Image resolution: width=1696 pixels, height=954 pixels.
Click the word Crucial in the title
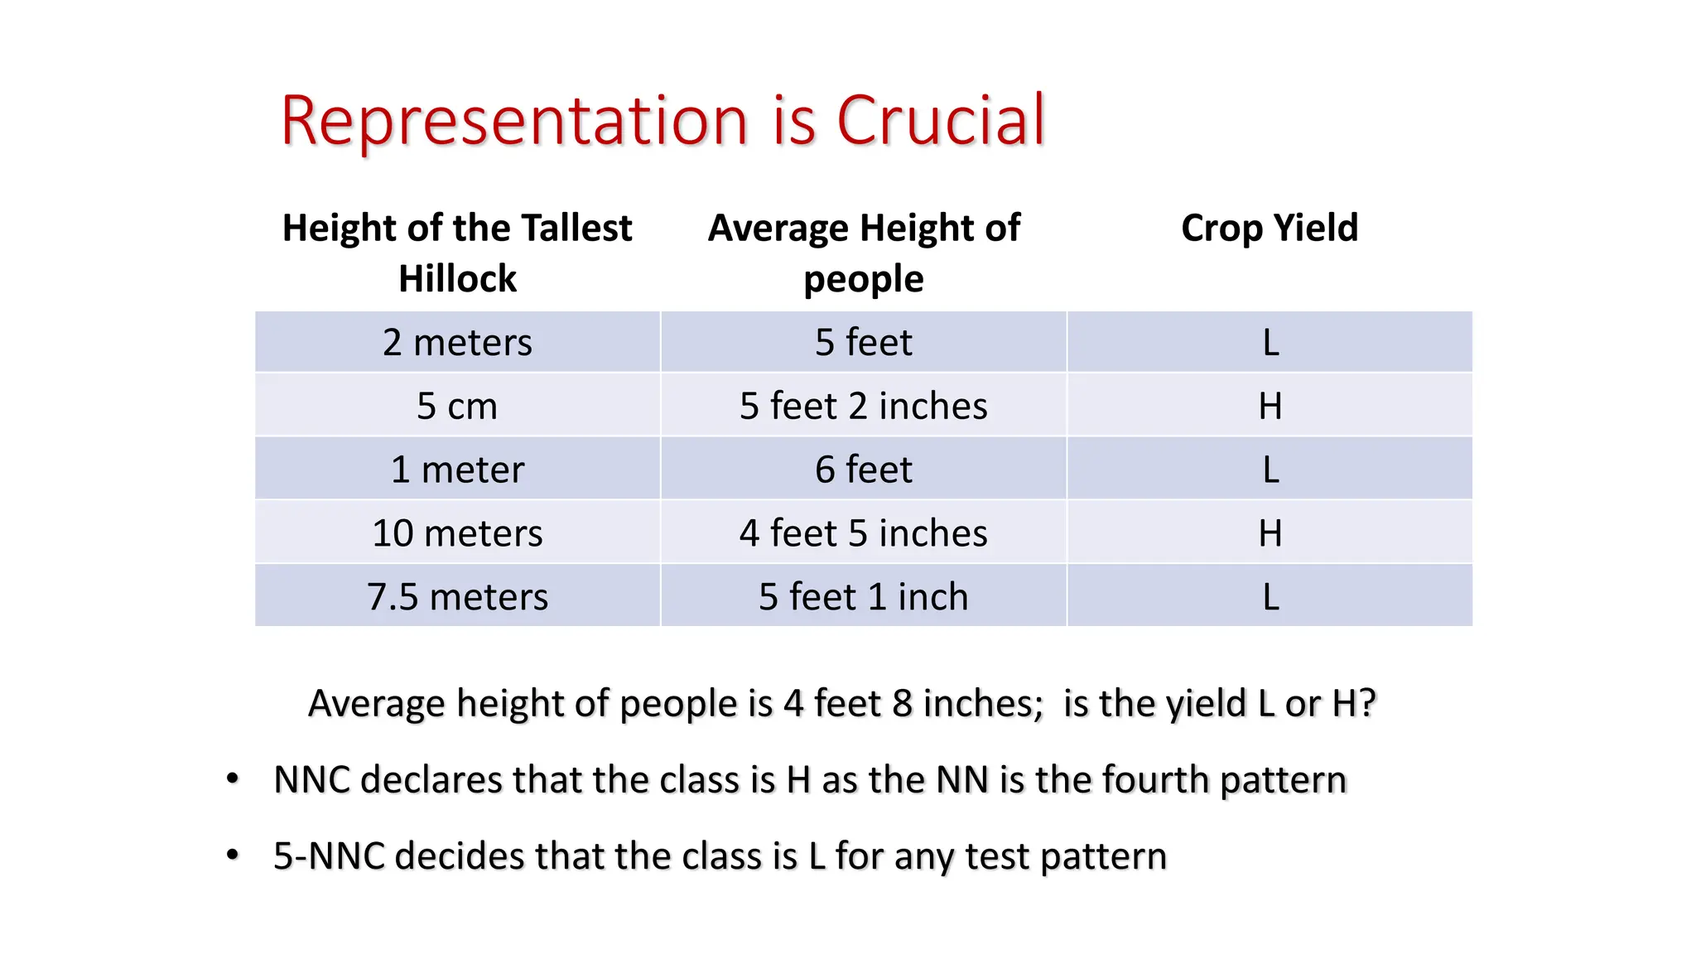point(941,121)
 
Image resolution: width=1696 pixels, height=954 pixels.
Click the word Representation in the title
point(514,121)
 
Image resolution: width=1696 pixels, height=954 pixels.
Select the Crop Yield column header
point(1270,228)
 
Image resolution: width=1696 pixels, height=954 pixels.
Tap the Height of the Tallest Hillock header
point(457,253)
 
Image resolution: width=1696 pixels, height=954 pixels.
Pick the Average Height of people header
point(864,253)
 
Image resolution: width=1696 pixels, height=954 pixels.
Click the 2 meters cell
point(457,342)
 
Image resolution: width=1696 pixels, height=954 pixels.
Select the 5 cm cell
point(457,406)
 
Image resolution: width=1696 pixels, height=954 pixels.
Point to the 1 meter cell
point(457,470)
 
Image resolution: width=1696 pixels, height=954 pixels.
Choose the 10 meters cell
point(457,532)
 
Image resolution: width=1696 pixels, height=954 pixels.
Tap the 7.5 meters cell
point(457,596)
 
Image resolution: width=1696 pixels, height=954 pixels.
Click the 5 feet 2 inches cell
point(864,406)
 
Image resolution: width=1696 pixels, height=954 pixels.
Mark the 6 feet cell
point(864,470)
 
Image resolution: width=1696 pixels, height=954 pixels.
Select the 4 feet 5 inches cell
point(864,532)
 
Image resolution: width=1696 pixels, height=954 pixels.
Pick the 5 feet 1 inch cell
point(864,596)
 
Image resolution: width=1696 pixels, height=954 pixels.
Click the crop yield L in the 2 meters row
point(1270,342)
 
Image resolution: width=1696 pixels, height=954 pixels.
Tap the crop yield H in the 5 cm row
point(1270,406)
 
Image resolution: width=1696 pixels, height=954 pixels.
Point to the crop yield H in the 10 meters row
point(1270,532)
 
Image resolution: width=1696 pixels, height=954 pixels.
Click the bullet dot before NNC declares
point(233,778)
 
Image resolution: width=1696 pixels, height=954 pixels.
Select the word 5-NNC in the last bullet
point(329,856)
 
